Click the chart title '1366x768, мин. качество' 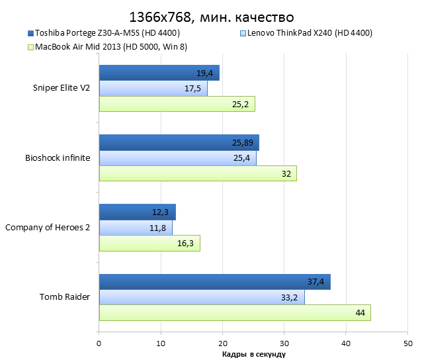212,16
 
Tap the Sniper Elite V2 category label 62,88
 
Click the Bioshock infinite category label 58,157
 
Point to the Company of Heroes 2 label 48,227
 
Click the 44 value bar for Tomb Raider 235,312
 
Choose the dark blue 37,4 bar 214,281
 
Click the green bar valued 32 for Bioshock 198,173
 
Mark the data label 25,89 243,142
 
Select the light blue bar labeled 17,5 153,88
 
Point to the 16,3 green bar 149,243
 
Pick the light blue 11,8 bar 135,228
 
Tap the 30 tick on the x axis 284,343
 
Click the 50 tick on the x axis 407,343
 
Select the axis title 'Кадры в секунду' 253,355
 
